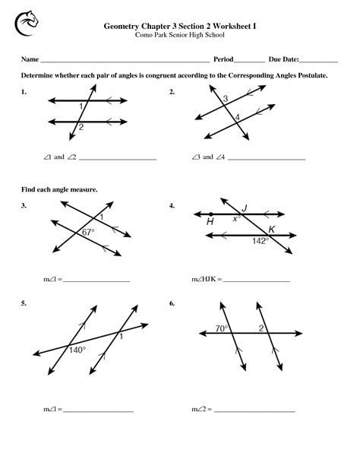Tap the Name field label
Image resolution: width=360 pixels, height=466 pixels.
click(29, 59)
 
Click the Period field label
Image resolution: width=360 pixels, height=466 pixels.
click(223, 59)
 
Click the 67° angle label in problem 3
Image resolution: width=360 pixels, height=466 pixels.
click(87, 233)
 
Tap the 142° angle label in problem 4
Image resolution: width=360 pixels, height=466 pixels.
click(261, 240)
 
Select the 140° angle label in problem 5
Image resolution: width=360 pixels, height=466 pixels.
click(77, 350)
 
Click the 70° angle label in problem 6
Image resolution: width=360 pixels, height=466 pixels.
click(221, 328)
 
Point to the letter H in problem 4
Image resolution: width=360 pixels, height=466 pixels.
click(210, 222)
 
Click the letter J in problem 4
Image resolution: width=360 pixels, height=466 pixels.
click(244, 208)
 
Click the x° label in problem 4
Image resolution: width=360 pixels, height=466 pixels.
click(237, 218)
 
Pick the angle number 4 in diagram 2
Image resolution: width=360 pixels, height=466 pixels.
click(237, 117)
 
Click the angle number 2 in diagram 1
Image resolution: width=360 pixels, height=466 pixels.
click(81, 128)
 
